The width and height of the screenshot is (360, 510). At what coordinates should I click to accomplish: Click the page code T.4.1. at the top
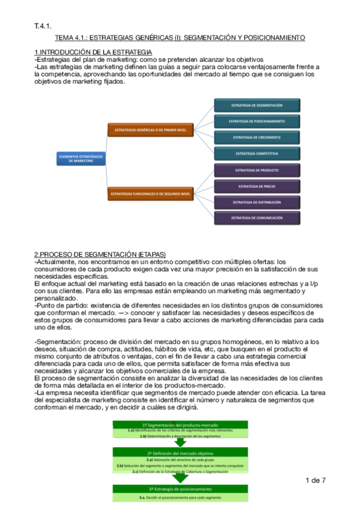(x=43, y=25)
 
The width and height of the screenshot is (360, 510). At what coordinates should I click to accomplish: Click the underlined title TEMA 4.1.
(x=185, y=38)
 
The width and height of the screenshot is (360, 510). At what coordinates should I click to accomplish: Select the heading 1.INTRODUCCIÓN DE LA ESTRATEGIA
(x=93, y=53)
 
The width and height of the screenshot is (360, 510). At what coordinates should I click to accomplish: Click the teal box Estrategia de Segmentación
(x=257, y=105)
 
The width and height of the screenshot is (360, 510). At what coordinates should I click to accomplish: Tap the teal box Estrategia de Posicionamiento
(x=257, y=121)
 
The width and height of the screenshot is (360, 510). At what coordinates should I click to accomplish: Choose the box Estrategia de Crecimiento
(x=257, y=137)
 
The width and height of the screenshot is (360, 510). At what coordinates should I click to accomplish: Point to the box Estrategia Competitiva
(x=257, y=153)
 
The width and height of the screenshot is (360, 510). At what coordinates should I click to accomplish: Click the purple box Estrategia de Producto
(x=257, y=170)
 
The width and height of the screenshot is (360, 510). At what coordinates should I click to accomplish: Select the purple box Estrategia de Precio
(x=257, y=186)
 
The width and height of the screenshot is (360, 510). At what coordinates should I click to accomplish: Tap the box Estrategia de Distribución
(x=257, y=203)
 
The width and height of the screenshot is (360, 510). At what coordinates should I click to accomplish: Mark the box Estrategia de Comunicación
(x=257, y=218)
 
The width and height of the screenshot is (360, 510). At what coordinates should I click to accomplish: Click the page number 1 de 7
(x=316, y=480)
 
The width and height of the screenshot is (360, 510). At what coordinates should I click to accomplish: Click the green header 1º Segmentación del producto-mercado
(x=180, y=425)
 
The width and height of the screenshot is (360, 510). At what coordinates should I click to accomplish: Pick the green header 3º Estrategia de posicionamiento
(x=180, y=489)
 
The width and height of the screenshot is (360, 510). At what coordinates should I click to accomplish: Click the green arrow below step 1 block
(x=180, y=442)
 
